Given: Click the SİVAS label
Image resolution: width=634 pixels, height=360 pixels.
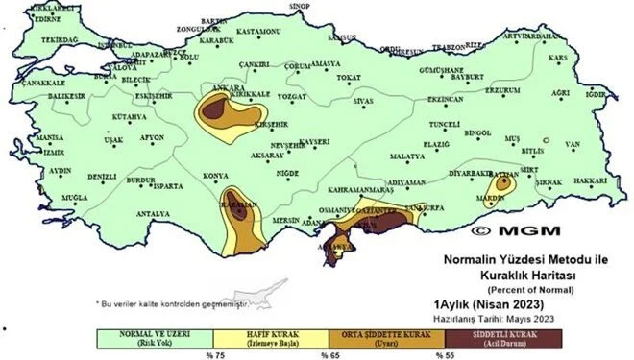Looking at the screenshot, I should (x=362, y=100).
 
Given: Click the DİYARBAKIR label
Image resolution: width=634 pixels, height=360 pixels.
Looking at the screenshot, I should (x=469, y=173).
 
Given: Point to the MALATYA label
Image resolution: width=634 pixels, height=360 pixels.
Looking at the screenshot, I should (x=408, y=155).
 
